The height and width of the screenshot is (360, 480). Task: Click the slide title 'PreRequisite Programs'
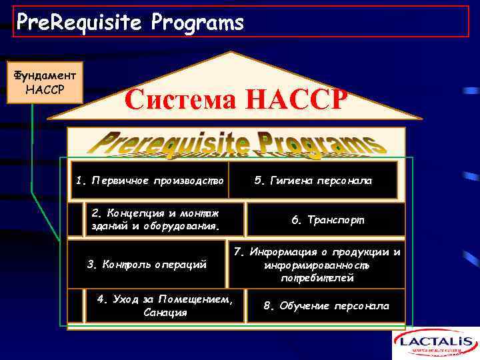(x=130, y=23)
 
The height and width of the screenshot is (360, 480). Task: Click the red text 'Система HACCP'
(x=235, y=100)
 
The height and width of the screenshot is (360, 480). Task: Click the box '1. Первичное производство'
(x=150, y=181)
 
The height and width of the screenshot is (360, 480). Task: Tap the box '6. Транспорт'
(x=327, y=219)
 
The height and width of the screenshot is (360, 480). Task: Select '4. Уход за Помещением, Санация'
(x=165, y=306)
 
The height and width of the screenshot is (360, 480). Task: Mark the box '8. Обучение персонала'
(x=326, y=306)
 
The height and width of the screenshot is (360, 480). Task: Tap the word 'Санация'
(x=165, y=313)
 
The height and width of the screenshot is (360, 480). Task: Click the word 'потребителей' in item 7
(x=317, y=278)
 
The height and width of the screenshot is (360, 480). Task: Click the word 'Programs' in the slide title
(x=197, y=23)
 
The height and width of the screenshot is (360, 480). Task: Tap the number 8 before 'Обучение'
(x=267, y=306)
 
